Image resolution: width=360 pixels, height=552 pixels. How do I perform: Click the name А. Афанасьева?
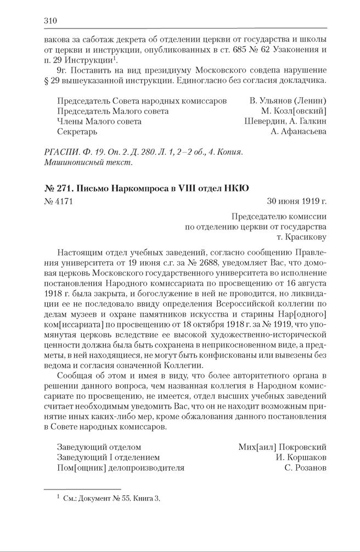(299, 132)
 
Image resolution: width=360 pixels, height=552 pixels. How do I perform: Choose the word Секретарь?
(77, 132)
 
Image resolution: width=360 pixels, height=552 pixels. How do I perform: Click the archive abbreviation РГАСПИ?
(58, 152)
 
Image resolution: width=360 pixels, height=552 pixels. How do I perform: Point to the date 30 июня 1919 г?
(297, 201)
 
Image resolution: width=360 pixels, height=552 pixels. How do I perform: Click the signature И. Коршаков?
(301, 458)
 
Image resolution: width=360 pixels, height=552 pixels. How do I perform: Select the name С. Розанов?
(306, 468)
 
